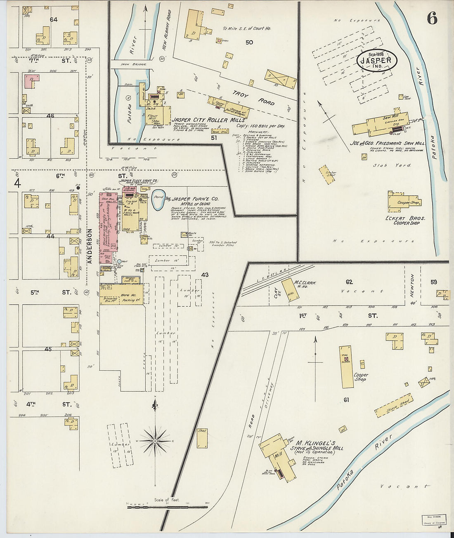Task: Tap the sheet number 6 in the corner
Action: [x=432, y=19]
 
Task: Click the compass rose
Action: [x=154, y=441]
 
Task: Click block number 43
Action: [x=205, y=275]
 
